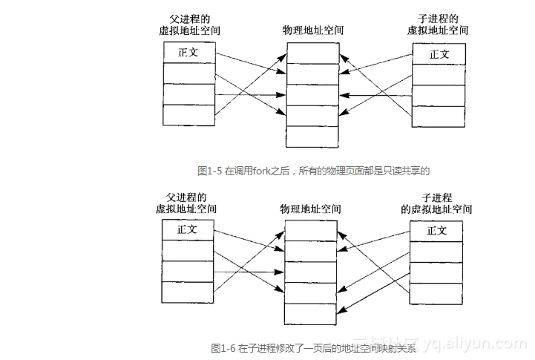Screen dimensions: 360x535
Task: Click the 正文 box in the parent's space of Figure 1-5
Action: pos(188,53)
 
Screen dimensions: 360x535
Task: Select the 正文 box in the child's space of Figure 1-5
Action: pos(439,53)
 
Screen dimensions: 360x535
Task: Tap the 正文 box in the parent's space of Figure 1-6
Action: pos(187,229)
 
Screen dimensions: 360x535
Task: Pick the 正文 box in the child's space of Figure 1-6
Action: pos(437,230)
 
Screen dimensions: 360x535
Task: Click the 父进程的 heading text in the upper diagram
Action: pos(188,19)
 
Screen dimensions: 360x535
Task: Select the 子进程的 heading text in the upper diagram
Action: pos(439,19)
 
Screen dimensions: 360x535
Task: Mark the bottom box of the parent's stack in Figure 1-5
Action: pos(188,115)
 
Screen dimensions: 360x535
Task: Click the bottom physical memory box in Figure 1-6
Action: pos(310,314)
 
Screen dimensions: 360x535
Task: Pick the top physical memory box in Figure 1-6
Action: pos(310,230)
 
